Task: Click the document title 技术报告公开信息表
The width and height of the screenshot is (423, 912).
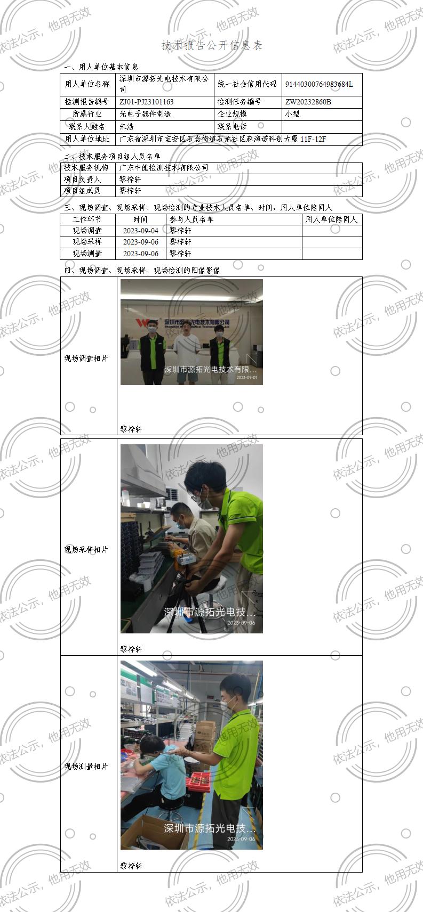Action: (212, 45)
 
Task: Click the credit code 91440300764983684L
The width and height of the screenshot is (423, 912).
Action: (319, 84)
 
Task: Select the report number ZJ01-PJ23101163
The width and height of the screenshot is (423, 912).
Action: (147, 102)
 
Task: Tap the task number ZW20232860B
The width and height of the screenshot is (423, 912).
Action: (308, 102)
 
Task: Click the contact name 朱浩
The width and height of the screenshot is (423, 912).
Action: (126, 127)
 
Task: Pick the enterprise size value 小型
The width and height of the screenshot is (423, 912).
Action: (293, 114)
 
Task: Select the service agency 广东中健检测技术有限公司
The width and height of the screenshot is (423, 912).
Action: (164, 168)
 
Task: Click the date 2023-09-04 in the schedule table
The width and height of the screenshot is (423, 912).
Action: (141, 231)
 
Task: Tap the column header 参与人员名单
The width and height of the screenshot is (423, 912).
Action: (191, 219)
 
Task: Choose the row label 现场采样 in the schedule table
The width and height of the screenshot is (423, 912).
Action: (87, 242)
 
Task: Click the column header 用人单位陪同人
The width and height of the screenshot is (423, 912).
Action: (331, 219)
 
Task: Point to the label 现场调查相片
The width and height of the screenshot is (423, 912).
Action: (86, 359)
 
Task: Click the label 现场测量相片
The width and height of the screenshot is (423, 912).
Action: (86, 767)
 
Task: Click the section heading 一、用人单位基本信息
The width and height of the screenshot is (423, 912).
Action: (101, 67)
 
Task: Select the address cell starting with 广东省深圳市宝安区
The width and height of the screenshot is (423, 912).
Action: (222, 140)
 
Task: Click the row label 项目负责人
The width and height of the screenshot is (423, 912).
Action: (82, 180)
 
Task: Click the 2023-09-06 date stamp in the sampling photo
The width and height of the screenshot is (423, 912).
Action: (241, 623)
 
